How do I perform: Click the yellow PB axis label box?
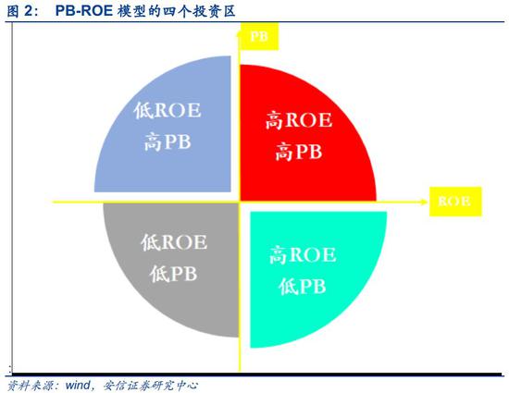tap(259, 36)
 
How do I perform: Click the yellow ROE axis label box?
tap(455, 202)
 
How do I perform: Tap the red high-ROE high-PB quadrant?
tap(299, 136)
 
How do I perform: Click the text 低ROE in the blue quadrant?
tap(168, 110)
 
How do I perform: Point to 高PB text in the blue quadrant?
tap(168, 142)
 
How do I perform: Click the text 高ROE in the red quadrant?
tap(299, 120)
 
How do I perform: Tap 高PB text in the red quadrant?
tap(299, 152)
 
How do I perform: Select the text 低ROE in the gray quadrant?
tap(174, 242)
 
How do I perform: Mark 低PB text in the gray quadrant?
tap(173, 274)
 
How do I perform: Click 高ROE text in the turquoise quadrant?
tap(303, 254)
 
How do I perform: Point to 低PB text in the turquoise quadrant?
tap(303, 287)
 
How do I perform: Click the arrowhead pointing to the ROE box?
tap(425, 202)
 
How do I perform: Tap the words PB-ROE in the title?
tap(84, 11)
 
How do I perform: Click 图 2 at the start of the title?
tap(20, 11)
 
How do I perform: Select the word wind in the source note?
tap(78, 386)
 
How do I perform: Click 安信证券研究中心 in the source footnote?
tap(151, 386)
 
